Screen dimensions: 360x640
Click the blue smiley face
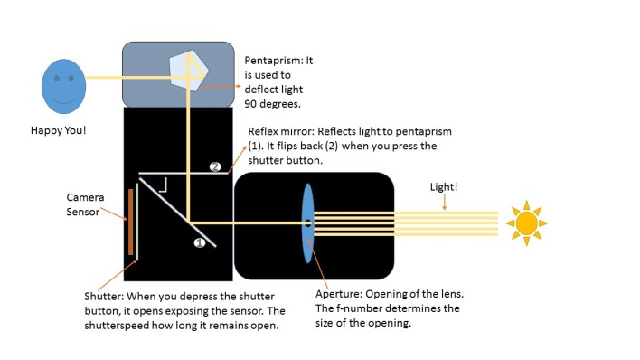62,86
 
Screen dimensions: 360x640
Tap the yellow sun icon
527,223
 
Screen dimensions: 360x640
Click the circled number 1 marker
201,242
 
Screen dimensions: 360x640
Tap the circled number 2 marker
215,167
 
